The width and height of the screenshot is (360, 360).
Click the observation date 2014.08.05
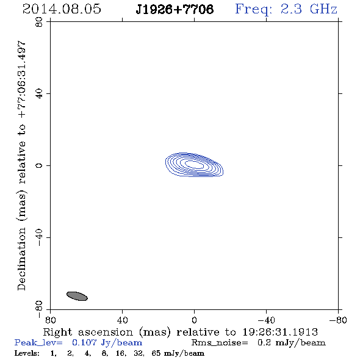[62, 9]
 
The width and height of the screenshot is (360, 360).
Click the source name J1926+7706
[175, 9]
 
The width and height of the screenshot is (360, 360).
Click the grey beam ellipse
[77, 296]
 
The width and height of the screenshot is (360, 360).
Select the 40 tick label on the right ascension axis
[122, 320]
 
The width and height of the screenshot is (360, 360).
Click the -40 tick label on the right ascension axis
[266, 320]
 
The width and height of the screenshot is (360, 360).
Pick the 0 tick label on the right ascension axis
[194, 320]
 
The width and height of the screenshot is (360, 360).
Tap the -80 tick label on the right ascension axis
[338, 320]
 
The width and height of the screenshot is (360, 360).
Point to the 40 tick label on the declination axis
[39, 94]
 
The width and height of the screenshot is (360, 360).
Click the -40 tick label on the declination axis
[39, 237]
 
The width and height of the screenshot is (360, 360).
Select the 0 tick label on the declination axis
[39, 165]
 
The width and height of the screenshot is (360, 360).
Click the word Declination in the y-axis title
[21, 259]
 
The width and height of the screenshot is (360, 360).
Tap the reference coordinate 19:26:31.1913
[280, 332]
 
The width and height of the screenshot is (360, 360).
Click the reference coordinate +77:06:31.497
[21, 80]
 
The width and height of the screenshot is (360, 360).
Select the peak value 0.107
[84, 342]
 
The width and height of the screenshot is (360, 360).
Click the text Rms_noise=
[220, 343]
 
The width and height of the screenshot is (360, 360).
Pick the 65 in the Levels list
[156, 353]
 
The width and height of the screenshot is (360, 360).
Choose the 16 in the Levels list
[121, 353]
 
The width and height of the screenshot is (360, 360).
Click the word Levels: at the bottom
[27, 353]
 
